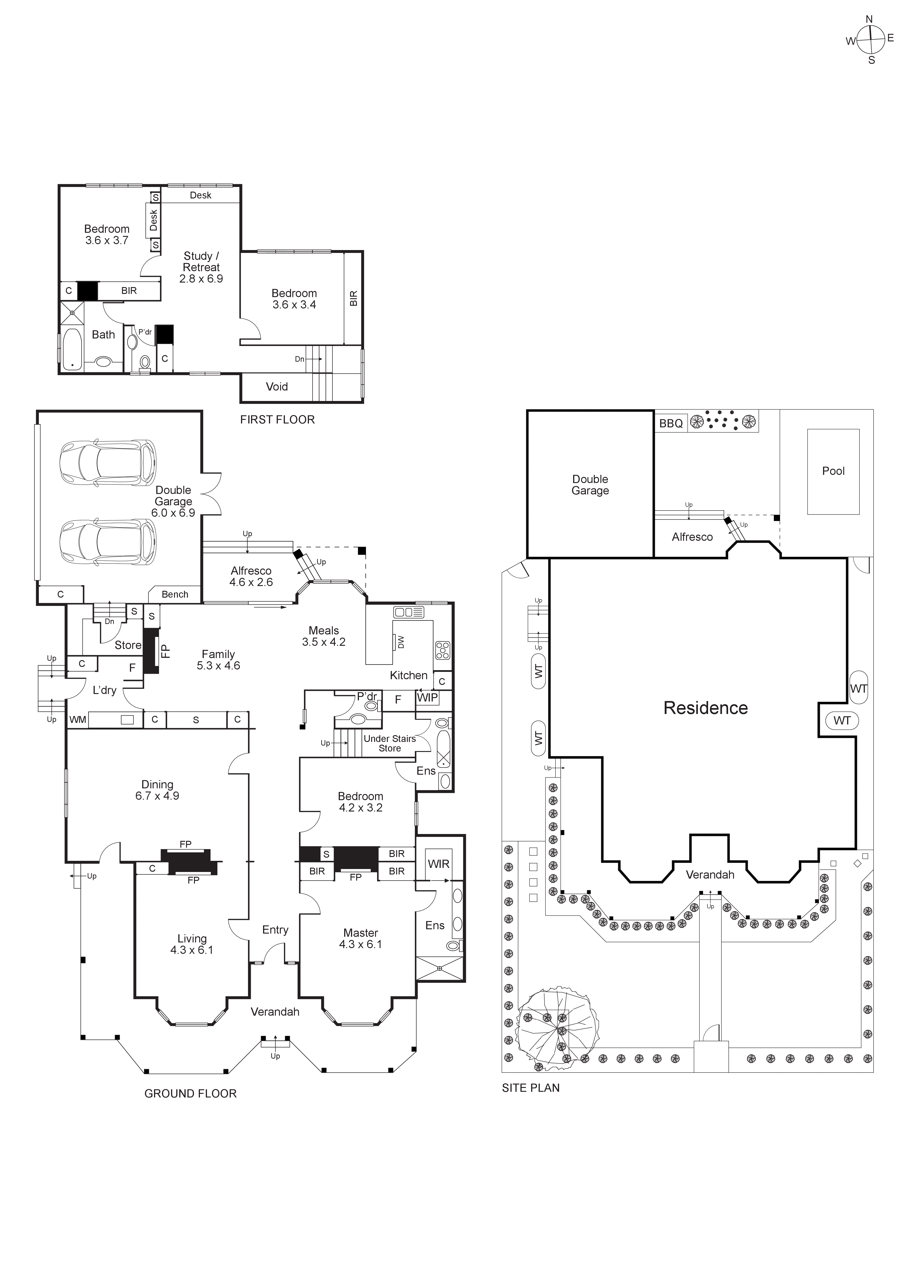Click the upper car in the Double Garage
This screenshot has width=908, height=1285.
click(x=108, y=463)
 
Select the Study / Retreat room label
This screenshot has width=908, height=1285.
click(x=201, y=267)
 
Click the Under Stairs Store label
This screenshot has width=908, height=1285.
click(x=389, y=743)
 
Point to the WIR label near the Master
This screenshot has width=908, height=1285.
click(x=438, y=864)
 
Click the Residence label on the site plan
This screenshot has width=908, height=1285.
click(x=705, y=708)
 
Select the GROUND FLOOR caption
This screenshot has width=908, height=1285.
click(x=190, y=1094)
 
